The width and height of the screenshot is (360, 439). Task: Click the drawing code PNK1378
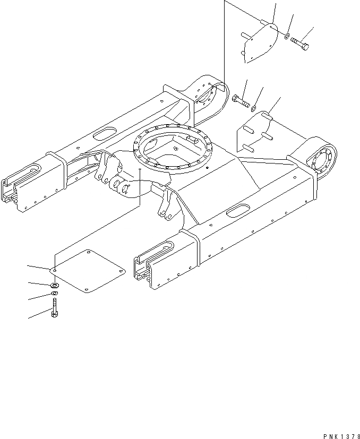[337, 435]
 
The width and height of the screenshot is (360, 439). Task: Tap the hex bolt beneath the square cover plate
[54, 308]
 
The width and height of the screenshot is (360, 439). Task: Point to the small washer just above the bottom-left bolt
[55, 294]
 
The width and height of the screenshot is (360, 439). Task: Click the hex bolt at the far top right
[299, 42]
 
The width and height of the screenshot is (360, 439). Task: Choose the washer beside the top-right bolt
[286, 37]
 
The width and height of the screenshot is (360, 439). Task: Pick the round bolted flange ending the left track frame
[205, 96]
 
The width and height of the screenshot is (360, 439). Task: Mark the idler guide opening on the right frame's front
[157, 249]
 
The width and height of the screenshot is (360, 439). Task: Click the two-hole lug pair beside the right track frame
[168, 204]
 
